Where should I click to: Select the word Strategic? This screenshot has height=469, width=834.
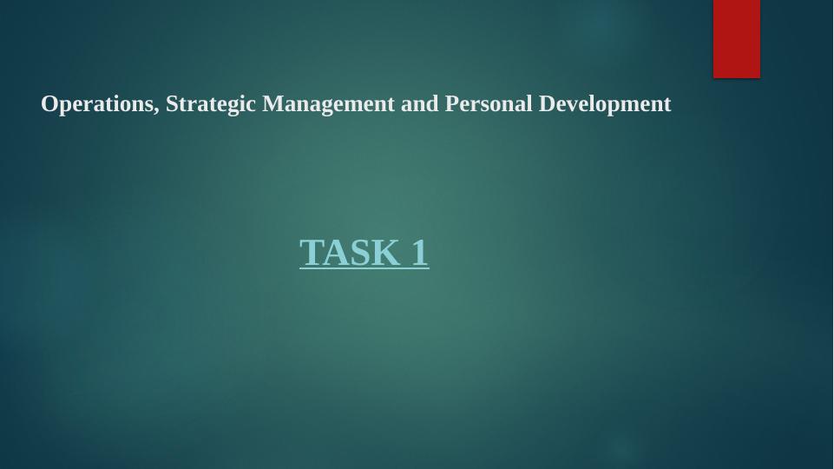212,104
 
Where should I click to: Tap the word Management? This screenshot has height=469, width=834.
329,104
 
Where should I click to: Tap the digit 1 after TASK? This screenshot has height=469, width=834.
419,253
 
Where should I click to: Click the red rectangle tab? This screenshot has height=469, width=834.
736,38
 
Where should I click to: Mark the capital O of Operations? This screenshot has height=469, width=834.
49,104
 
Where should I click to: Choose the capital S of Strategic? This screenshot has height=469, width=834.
171,104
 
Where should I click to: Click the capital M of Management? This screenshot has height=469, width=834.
272,104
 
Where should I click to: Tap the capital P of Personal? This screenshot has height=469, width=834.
450,104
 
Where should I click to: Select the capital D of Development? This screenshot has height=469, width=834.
547,104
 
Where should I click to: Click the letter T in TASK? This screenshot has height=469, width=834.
311,253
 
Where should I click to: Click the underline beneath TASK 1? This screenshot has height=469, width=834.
364,269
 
